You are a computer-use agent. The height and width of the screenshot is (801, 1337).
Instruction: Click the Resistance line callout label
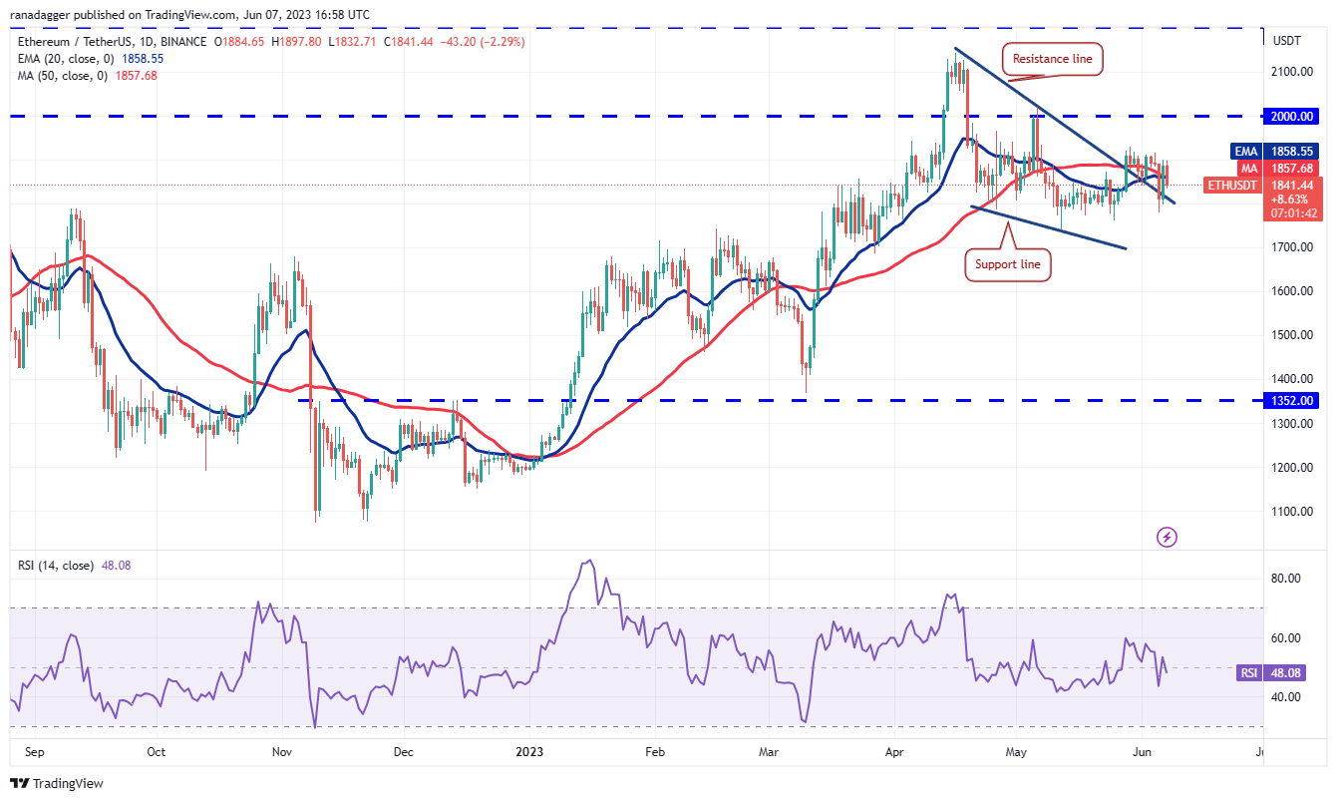1052,60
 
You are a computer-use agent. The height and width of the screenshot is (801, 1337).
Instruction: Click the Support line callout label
1007,264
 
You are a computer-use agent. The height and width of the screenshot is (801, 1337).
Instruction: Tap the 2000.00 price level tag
1291,116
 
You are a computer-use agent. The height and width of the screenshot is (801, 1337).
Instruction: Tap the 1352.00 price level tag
1291,400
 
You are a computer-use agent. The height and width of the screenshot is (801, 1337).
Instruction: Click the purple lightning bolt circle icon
1167,538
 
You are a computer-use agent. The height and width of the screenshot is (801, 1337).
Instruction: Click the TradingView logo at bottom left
58,784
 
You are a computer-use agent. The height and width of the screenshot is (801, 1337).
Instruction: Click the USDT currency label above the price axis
1288,40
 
